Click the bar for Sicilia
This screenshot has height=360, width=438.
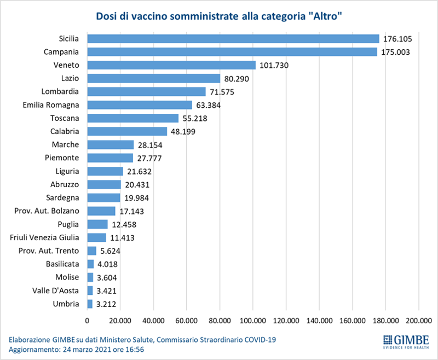(233, 39)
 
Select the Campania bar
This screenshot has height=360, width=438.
(232, 52)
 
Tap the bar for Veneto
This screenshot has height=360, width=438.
(171, 65)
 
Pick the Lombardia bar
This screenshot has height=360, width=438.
(146, 91)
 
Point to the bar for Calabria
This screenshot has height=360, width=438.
(127, 131)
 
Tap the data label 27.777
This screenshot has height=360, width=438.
(149, 158)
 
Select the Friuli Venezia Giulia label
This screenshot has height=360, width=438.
(45, 237)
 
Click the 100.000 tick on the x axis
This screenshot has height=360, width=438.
(253, 321)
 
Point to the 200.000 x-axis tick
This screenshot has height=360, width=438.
(419, 321)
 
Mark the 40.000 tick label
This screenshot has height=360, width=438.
(153, 321)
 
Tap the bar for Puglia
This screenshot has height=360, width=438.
(97, 224)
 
